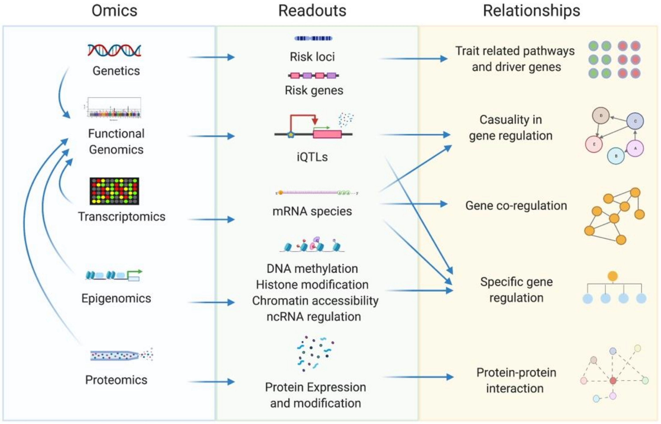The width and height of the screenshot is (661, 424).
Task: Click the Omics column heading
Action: pyautogui.click(x=114, y=11)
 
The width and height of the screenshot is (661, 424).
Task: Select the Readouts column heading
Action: pyautogui.click(x=312, y=11)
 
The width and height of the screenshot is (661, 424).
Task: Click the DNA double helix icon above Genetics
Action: pyautogui.click(x=114, y=50)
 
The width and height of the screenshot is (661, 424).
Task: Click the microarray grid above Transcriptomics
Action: pyautogui.click(x=114, y=191)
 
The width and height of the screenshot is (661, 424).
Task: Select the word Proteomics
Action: pyautogui.click(x=116, y=380)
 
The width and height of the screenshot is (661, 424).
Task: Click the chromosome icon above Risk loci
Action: pyautogui.click(x=313, y=38)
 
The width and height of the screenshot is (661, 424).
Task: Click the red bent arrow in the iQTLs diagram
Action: pyautogui.click(x=303, y=117)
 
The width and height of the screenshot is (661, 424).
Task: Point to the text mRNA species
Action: pyautogui.click(x=312, y=211)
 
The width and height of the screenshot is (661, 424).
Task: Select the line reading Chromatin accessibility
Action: pyautogui.click(x=315, y=301)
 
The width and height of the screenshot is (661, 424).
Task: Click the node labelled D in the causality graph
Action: pyautogui.click(x=600, y=116)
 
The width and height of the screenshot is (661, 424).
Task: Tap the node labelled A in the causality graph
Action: pyautogui.click(x=635, y=148)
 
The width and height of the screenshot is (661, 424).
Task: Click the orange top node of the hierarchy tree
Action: pyautogui.click(x=613, y=276)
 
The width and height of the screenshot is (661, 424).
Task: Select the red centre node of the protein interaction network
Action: pyautogui.click(x=613, y=381)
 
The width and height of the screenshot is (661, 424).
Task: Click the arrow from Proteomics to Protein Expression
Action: pyautogui.click(x=211, y=382)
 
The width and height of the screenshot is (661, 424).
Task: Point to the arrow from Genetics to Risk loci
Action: pyautogui.click(x=211, y=57)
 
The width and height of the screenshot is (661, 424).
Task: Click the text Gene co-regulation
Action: pyautogui.click(x=516, y=206)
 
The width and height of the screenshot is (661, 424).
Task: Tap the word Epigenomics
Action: pyautogui.click(x=116, y=298)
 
